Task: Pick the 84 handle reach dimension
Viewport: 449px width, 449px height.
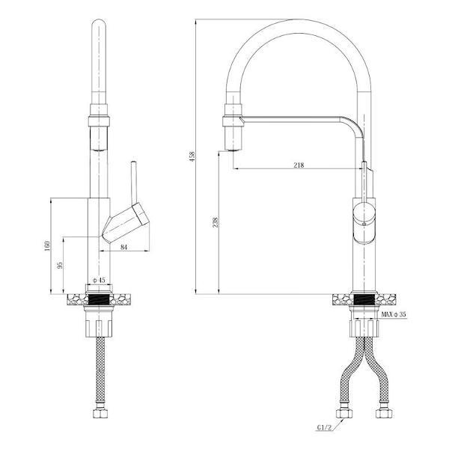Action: [x=124, y=246]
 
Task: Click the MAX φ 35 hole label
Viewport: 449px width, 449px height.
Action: [x=393, y=314]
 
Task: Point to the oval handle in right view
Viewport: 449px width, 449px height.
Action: [x=364, y=222]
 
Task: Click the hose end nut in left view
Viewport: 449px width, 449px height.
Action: [x=99, y=414]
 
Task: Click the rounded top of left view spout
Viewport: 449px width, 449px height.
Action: [x=99, y=25]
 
